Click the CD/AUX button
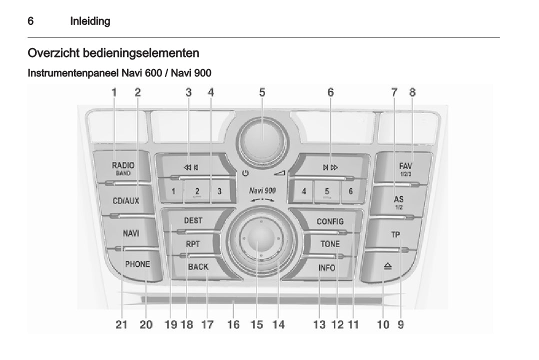click(x=125, y=201)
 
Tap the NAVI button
click(x=130, y=233)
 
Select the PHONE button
click(x=137, y=264)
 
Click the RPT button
click(x=192, y=244)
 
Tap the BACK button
click(x=198, y=267)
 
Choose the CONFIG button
click(x=330, y=221)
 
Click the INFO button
click(x=327, y=267)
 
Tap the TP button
click(x=395, y=234)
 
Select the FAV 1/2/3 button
click(x=405, y=168)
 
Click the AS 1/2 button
click(x=398, y=201)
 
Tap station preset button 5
click(x=327, y=191)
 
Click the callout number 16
click(x=233, y=325)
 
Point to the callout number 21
click(x=121, y=325)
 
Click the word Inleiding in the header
click(x=90, y=21)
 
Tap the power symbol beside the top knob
click(x=244, y=174)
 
